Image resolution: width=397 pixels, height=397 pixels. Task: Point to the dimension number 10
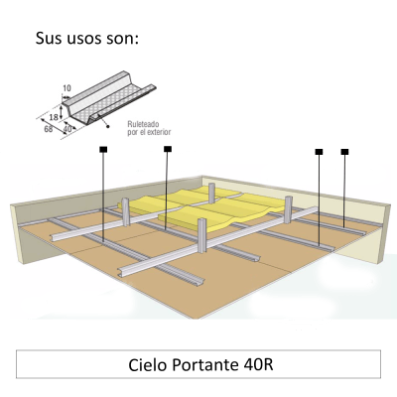tap(66, 88)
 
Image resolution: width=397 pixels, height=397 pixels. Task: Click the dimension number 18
tap(54, 117)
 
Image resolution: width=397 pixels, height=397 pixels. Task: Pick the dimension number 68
tap(49, 129)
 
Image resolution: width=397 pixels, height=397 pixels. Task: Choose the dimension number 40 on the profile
tap(67, 129)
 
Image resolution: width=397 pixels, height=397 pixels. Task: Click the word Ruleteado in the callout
tap(143, 124)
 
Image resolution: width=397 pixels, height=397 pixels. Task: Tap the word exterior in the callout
tap(159, 132)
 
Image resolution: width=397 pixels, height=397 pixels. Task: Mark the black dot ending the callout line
tap(107, 126)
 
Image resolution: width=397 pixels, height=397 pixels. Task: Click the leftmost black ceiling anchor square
tap(103, 150)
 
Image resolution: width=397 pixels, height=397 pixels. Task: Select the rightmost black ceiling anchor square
tap(344, 152)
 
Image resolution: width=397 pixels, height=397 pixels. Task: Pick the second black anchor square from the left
tap(168, 149)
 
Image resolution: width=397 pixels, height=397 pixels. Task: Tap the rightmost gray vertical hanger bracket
tap(289, 209)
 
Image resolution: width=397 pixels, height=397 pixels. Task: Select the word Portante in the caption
tap(205, 365)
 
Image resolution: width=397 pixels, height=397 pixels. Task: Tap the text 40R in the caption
tap(259, 365)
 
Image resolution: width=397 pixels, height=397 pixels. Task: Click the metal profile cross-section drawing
tap(109, 97)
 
